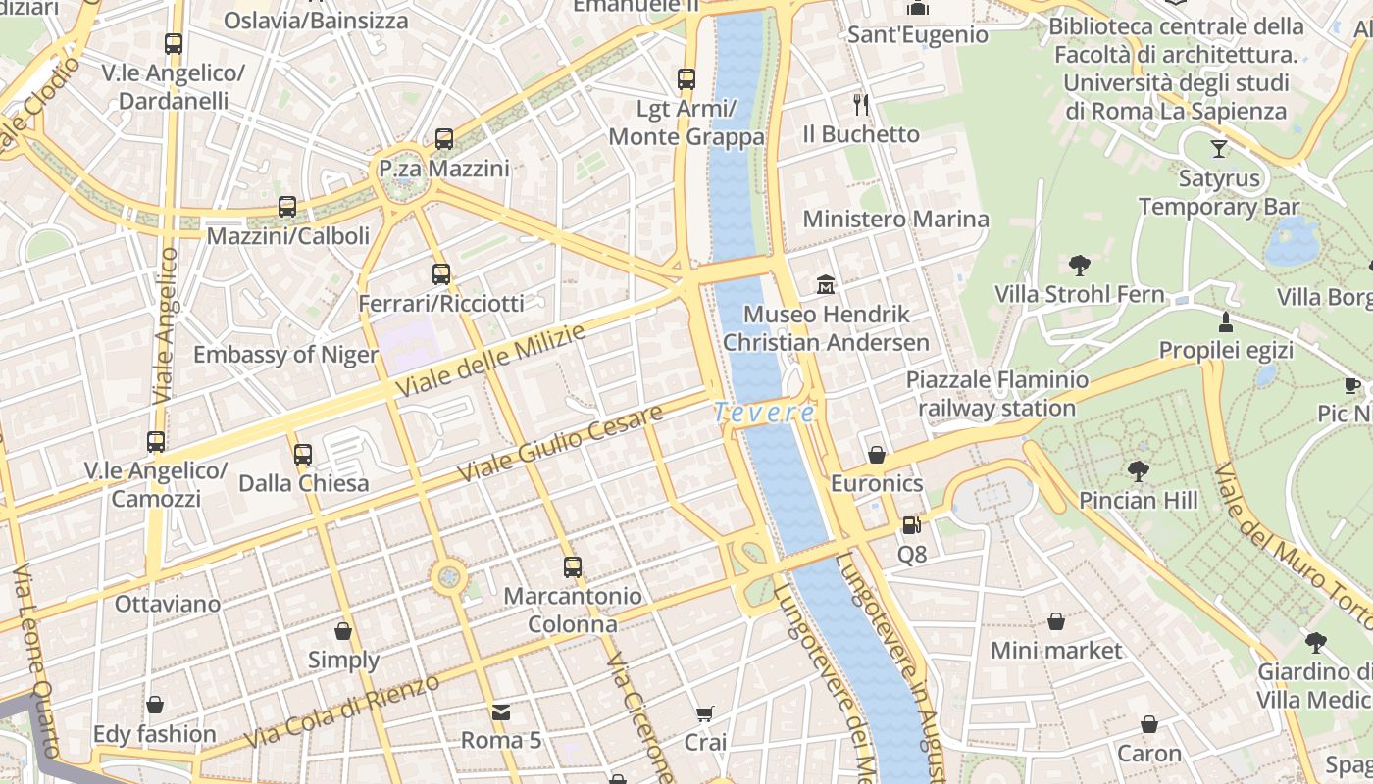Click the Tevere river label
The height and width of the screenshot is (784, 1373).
coord(764,413)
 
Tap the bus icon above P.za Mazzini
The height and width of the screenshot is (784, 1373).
coord(444,139)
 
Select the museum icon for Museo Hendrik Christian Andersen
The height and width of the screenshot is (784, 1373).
coord(826,285)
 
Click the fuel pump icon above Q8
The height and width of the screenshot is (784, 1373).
coord(911,526)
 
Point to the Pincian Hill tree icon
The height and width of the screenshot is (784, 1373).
coord(1138,472)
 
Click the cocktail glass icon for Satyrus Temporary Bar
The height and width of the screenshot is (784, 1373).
coord(1218,149)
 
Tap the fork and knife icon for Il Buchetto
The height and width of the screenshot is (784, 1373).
coord(861,105)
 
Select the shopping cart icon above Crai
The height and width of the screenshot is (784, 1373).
coord(704,714)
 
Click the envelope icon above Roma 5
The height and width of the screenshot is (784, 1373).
coord(501,711)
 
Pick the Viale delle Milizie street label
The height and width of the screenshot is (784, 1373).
coord(491,361)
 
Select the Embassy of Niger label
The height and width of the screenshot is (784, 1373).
coord(285,355)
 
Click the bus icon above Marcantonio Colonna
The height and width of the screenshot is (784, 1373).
coord(572,566)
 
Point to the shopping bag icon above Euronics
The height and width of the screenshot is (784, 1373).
coord(877,455)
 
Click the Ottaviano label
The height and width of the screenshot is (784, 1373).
coord(168,604)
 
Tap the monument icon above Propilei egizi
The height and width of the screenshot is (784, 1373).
coord(1225,321)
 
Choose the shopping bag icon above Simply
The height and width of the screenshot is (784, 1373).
coord(343,631)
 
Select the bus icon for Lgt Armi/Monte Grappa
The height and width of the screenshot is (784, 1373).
coord(686,79)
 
